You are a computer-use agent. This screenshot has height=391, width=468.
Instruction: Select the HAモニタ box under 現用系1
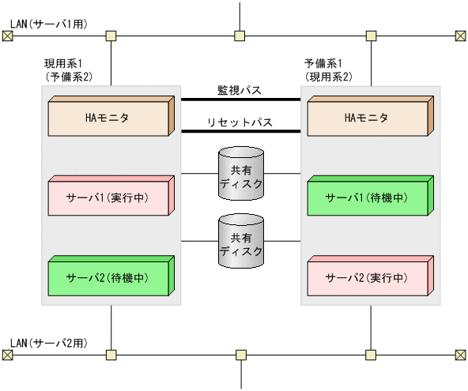click(x=109, y=118)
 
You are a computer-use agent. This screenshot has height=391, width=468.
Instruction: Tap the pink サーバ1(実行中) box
click(x=109, y=197)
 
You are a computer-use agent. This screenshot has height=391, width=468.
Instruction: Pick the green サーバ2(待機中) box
click(x=109, y=277)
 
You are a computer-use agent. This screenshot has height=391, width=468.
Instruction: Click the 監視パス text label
click(x=240, y=90)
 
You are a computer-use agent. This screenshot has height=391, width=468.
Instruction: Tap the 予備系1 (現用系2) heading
click(x=328, y=69)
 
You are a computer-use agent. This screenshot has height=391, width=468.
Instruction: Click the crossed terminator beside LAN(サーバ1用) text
click(x=6, y=36)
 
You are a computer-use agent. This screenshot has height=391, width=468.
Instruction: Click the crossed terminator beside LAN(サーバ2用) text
click(x=6, y=355)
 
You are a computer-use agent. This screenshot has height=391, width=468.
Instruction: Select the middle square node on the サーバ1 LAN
click(x=240, y=36)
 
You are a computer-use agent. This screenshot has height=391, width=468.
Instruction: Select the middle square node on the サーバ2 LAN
click(x=240, y=355)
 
